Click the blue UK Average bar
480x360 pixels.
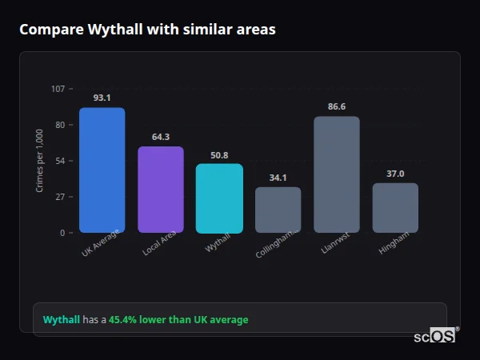[x=102, y=170]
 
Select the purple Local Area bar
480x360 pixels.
[x=161, y=190]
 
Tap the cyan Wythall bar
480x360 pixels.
[x=219, y=198]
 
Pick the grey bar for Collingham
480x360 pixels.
[x=278, y=210]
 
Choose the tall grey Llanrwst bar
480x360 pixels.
[x=337, y=174]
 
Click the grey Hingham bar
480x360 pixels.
[x=395, y=208]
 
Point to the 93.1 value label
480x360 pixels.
[x=102, y=98]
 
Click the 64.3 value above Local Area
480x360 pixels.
[x=161, y=137]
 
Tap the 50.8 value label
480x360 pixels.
[x=219, y=155]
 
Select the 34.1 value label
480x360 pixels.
[x=278, y=178]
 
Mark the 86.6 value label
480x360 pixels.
[x=337, y=106]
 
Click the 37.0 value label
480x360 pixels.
[x=395, y=174]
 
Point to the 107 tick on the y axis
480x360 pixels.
[x=58, y=88]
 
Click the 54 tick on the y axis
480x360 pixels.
[x=60, y=161]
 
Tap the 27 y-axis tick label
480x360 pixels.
[x=60, y=197]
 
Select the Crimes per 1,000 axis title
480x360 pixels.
[x=40, y=160]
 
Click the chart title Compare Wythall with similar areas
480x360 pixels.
[x=147, y=30]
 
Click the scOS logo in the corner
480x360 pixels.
[x=435, y=336]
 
